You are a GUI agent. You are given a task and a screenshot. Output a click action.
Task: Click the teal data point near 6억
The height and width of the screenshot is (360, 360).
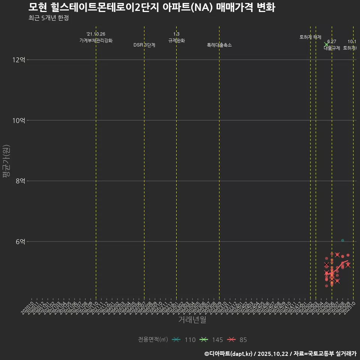point(342,240)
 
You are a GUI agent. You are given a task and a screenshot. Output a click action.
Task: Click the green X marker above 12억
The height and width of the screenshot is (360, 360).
point(326,44)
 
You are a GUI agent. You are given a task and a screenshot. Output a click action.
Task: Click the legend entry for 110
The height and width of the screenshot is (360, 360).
point(184,340)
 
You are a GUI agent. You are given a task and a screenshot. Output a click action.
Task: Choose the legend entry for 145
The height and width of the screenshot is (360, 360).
point(211,340)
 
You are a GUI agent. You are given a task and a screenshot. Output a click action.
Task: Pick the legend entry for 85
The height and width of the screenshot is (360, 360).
point(238,340)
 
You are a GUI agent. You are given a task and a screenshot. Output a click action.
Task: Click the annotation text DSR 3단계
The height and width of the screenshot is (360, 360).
point(144,45)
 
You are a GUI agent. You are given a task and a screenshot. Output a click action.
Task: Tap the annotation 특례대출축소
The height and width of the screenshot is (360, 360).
point(219,45)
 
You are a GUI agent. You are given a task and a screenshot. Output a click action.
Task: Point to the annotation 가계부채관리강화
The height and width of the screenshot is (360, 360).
point(96,40)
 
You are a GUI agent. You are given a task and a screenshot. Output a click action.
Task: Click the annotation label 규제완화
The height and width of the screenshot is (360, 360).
point(177,40)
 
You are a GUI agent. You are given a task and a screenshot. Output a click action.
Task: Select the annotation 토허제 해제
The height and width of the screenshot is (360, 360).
point(310,37)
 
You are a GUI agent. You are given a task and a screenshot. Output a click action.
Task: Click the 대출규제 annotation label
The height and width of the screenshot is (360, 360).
point(332,48)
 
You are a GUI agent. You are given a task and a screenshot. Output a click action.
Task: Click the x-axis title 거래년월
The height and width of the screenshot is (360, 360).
point(192,320)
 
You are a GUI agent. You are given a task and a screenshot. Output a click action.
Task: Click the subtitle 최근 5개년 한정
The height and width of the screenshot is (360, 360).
point(49,18)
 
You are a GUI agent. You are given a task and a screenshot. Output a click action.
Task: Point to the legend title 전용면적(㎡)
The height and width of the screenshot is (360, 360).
point(153,340)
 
